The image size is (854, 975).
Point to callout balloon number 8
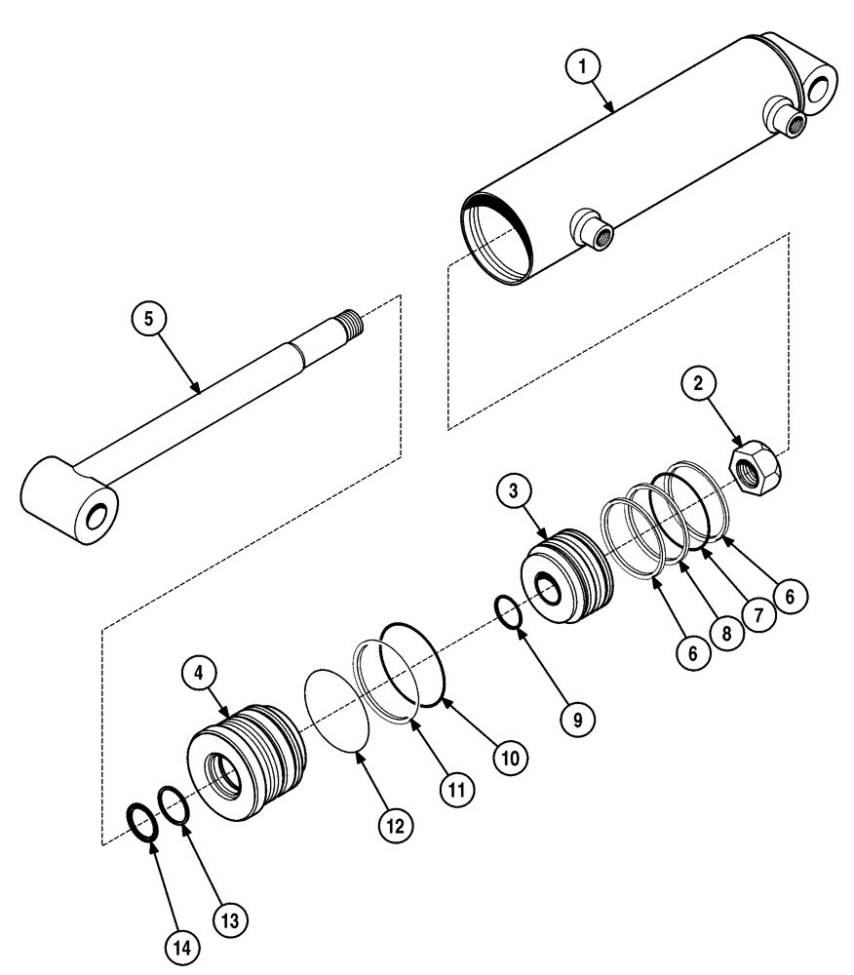(723, 632)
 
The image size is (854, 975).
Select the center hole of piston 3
(547, 591)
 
